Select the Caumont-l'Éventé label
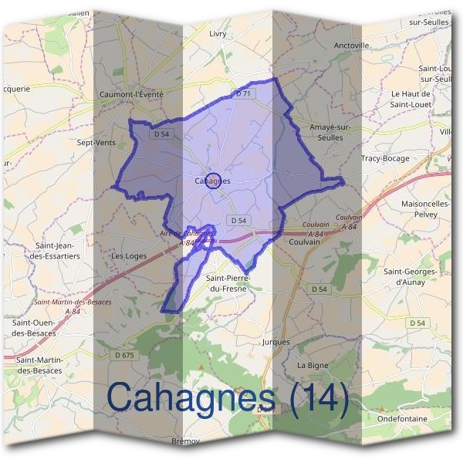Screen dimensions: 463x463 coord(132,94)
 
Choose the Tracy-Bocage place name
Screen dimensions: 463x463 coord(386,158)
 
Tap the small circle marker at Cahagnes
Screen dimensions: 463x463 coord(215,181)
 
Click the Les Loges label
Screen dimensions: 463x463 coord(129,255)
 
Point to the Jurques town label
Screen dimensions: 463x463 coord(276,341)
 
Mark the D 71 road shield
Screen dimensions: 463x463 coord(243,93)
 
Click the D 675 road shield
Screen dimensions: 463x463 coord(123,354)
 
